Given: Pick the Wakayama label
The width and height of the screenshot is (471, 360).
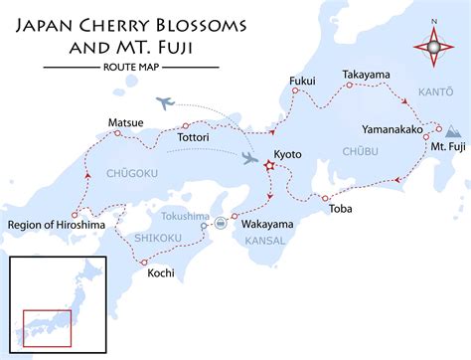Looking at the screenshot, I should pyautogui.click(x=264, y=225).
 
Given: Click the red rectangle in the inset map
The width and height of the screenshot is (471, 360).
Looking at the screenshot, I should pyautogui.click(x=47, y=327).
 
